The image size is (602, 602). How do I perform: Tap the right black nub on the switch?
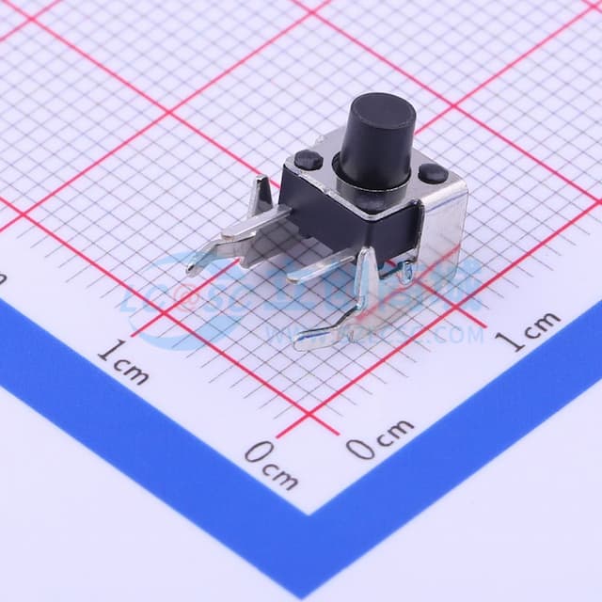click(x=432, y=173)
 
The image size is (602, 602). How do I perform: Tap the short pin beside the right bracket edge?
click(x=405, y=272)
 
